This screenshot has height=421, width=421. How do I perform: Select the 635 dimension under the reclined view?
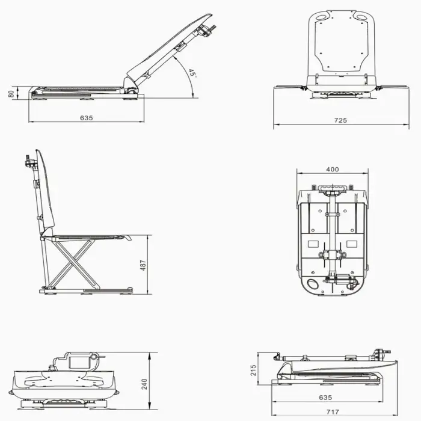[x=87, y=118]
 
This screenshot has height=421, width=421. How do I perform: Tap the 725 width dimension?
[x=340, y=121]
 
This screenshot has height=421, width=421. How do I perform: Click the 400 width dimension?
[x=332, y=170]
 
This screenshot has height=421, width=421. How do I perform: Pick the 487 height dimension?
[x=143, y=265]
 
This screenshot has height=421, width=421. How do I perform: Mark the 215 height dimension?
[x=253, y=369]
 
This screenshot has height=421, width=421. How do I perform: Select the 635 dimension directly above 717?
[x=325, y=398]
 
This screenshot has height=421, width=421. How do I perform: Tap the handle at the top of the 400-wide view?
[x=333, y=191]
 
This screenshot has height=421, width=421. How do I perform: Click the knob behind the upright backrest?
[x=28, y=162]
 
